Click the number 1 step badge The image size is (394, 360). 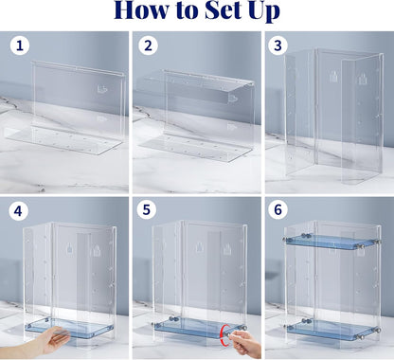coord(21,45)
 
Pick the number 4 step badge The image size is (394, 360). coord(21,210)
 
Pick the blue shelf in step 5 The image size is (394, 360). coord(189,327)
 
